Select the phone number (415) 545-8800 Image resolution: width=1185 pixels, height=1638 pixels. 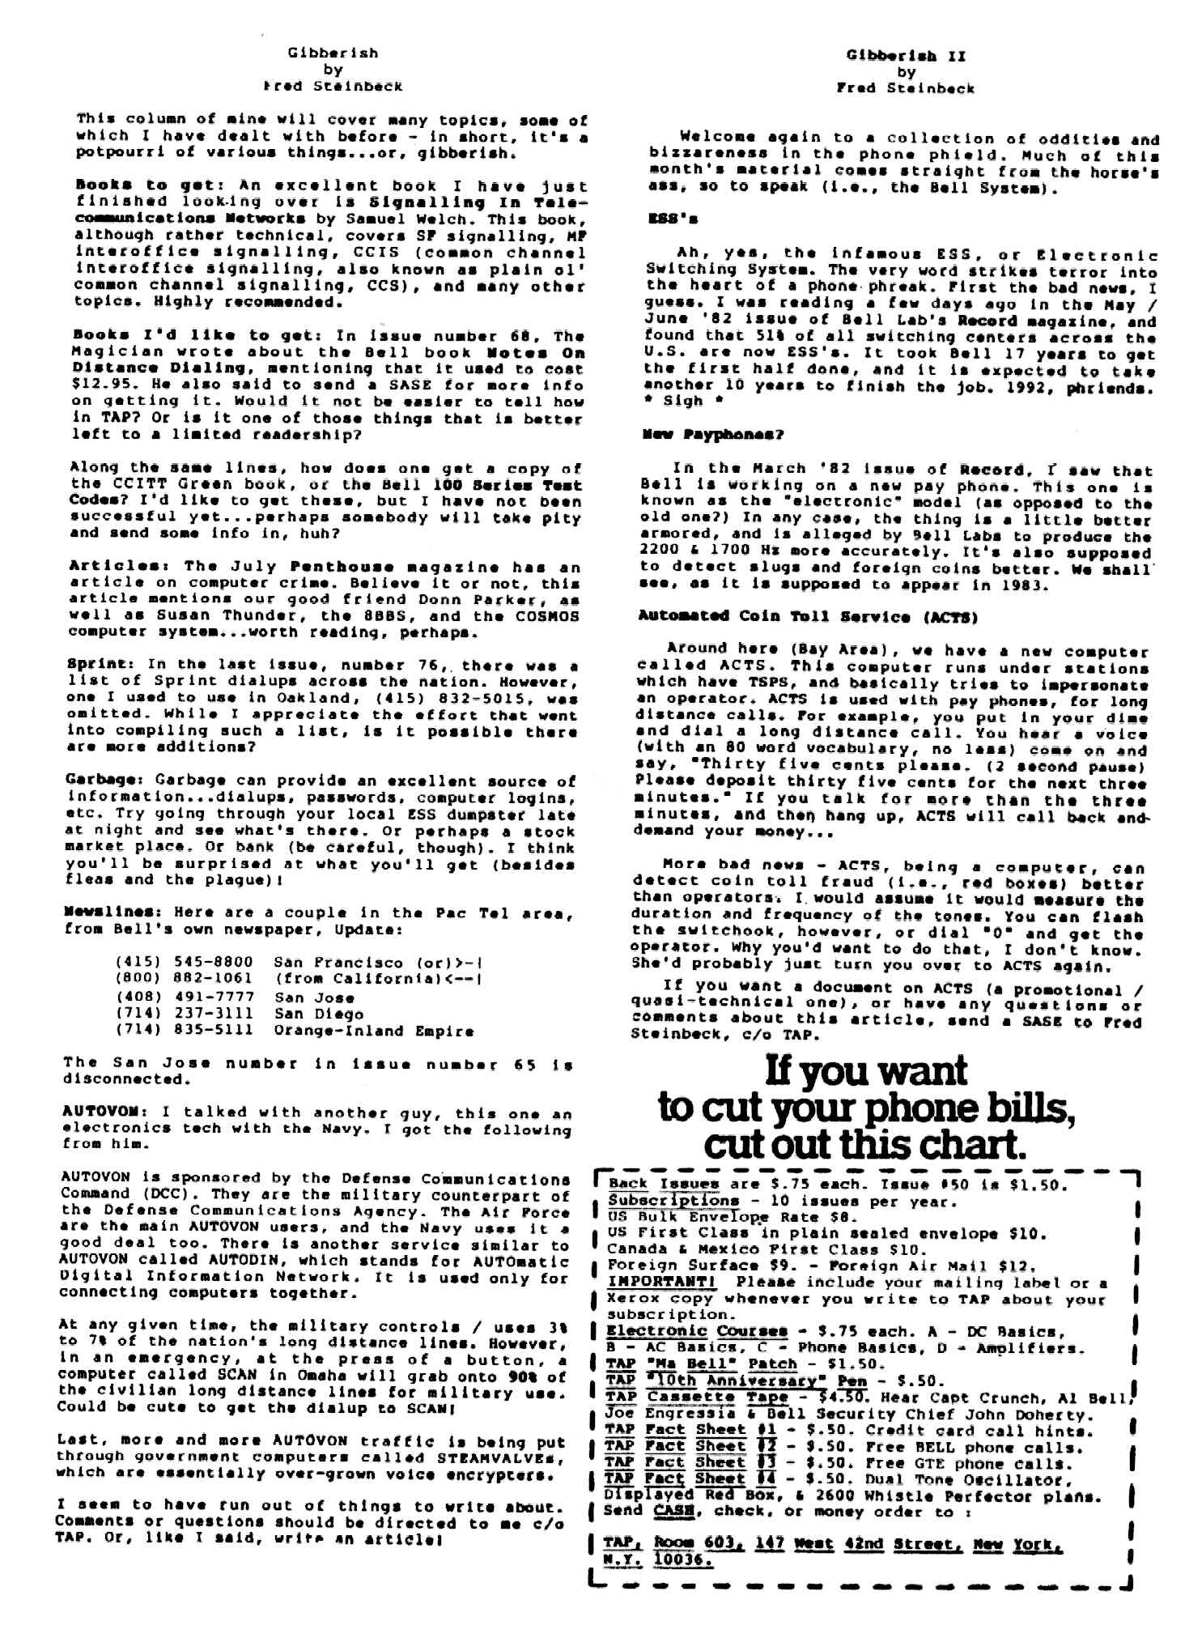184,963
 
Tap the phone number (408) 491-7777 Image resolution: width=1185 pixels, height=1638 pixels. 184,997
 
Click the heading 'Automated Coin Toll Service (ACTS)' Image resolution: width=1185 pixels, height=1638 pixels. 808,617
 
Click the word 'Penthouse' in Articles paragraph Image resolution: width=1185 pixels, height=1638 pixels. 330,566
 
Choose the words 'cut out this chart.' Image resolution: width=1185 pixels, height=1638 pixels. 864,1145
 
